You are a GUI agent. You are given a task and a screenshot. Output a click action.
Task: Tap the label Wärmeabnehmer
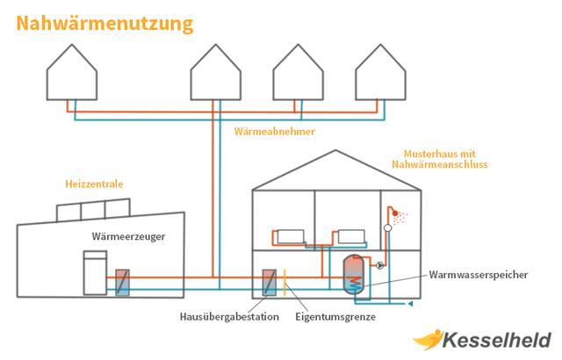pos(275,131)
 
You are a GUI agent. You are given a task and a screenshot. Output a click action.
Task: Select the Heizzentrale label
pos(94,185)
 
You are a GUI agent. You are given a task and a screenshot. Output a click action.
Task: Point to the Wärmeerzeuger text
pos(128,236)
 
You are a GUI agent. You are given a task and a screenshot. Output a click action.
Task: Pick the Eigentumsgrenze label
pos(335,317)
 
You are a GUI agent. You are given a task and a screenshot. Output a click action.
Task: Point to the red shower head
pos(398,212)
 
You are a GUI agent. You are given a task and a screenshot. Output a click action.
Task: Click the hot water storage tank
pos(353,276)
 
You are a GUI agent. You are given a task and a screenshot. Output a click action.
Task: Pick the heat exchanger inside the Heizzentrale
pos(122,283)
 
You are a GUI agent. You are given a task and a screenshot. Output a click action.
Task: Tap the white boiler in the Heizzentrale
pos(90,273)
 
